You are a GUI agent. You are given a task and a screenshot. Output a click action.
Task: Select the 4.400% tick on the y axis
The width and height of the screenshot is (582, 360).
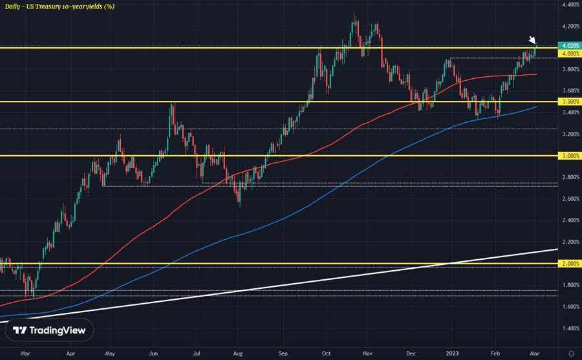tap(570, 5)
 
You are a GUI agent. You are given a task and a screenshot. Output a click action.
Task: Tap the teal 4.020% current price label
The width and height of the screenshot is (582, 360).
tap(570, 45)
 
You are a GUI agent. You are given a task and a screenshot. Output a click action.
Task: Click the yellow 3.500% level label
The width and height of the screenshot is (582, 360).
tap(570, 102)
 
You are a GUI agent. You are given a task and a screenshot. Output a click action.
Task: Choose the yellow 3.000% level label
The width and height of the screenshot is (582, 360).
tap(570, 156)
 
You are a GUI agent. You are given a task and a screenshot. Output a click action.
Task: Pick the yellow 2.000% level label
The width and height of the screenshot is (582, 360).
tap(570, 264)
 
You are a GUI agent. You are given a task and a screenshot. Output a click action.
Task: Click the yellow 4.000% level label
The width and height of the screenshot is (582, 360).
tap(570, 54)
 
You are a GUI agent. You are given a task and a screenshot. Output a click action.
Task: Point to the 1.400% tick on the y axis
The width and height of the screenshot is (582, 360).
tap(570, 328)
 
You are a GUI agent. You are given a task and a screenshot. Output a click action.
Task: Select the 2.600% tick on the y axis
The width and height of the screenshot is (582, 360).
tap(570, 199)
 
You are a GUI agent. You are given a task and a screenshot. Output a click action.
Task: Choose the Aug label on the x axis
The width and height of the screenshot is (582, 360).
tap(239, 354)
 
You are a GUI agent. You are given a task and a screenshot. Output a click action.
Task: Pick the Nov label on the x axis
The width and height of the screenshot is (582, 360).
tap(368, 354)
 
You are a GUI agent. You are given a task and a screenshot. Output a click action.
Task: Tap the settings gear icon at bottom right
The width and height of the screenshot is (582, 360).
tap(570, 353)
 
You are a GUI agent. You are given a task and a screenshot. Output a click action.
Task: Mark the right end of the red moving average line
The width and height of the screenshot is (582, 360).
tap(536, 74)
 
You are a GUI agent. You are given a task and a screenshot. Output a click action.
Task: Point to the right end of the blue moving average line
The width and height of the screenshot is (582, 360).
tap(537, 107)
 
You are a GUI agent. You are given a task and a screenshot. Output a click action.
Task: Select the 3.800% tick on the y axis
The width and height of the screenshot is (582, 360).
tap(570, 69)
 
